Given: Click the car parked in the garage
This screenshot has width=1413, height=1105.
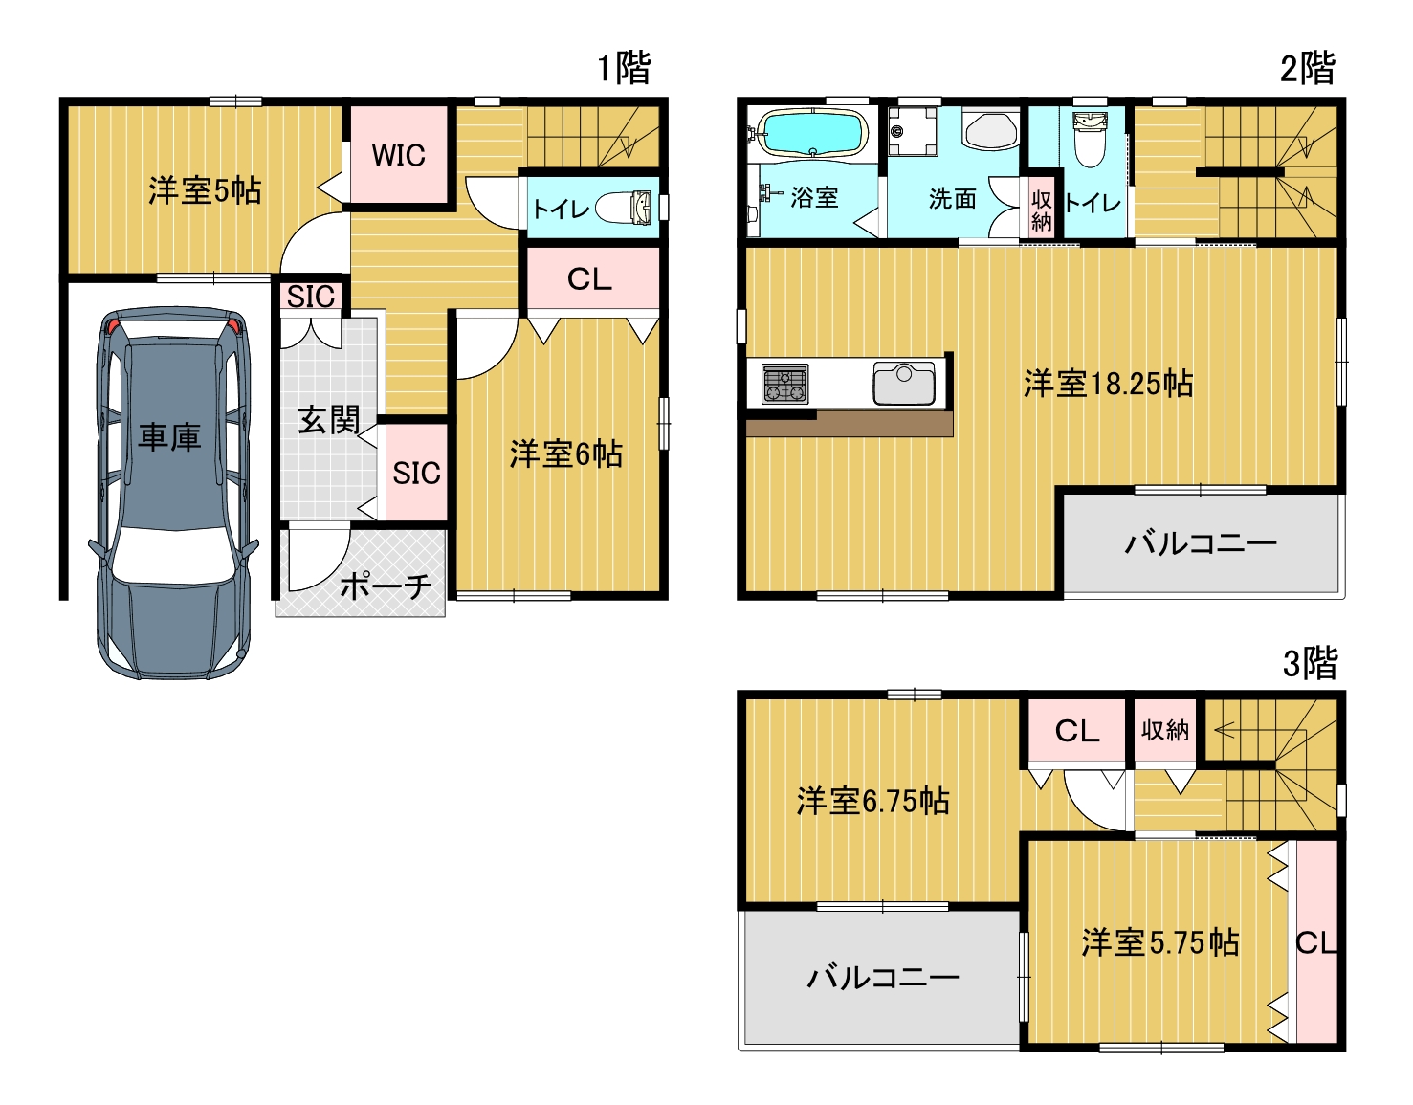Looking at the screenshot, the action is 173,493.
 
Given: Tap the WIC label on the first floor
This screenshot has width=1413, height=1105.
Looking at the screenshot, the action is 399,155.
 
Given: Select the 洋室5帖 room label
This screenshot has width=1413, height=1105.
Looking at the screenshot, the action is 205,190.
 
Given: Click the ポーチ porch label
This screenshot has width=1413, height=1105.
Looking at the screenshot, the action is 386,587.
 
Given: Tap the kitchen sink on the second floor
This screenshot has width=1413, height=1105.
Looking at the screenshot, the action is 904,383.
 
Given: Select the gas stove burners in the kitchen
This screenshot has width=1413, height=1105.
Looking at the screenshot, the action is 784,384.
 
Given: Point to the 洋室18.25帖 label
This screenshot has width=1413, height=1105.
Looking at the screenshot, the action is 1109,384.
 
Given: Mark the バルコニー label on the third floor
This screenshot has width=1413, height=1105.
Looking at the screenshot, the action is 883,978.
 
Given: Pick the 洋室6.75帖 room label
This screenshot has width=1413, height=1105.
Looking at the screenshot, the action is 873,801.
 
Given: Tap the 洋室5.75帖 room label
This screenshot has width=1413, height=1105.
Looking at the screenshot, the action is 1160,942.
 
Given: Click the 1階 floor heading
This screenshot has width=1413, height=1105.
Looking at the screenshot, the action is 625,68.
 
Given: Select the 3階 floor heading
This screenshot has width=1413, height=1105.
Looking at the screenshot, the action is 1310,663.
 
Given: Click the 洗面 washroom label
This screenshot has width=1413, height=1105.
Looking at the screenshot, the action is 953,198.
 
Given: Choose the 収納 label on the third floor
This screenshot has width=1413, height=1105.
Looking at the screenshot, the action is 1164,730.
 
